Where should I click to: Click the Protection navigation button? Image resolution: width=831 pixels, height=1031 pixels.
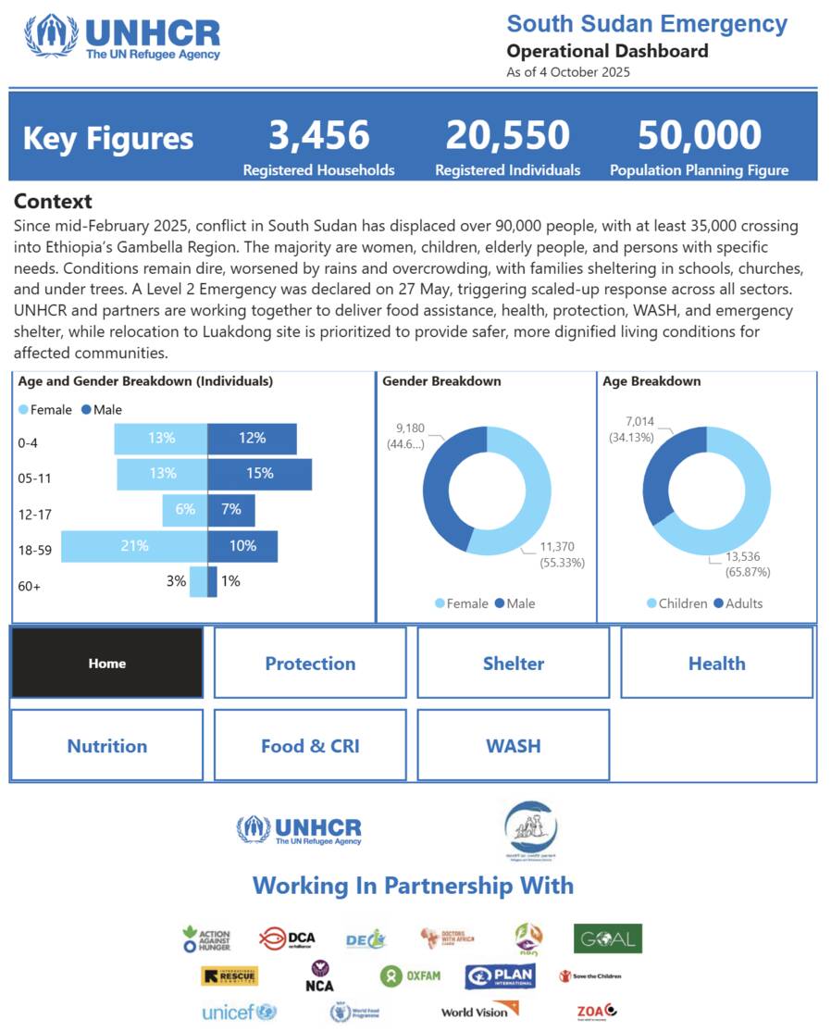(310, 664)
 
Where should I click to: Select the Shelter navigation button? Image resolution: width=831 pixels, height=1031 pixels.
(513, 664)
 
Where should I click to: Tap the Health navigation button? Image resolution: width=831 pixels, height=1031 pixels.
(716, 664)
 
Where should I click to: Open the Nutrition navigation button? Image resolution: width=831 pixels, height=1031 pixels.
(106, 746)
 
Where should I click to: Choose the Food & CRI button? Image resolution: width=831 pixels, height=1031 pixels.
(310, 746)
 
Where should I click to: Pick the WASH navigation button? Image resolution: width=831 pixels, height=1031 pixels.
(513, 746)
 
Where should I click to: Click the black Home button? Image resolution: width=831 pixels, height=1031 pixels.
(106, 664)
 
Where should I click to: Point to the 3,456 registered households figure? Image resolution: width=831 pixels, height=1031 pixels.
(318, 136)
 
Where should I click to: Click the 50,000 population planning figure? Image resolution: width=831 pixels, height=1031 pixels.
(699, 136)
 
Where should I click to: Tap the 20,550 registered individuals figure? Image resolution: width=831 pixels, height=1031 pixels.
(507, 136)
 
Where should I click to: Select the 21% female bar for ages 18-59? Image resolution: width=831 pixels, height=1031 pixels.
(134, 546)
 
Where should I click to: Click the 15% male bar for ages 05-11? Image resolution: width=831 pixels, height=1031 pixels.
(259, 474)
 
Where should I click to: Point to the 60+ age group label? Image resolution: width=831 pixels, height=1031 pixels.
(30, 586)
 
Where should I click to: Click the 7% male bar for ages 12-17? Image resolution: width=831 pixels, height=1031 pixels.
(230, 510)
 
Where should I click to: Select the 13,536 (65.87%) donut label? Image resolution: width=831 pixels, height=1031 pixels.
(740, 565)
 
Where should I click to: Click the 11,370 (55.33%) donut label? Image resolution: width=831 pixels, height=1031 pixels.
(563, 555)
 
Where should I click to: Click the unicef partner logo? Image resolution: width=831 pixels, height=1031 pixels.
(239, 1012)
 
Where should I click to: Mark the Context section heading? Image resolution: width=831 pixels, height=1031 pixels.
(53, 202)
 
